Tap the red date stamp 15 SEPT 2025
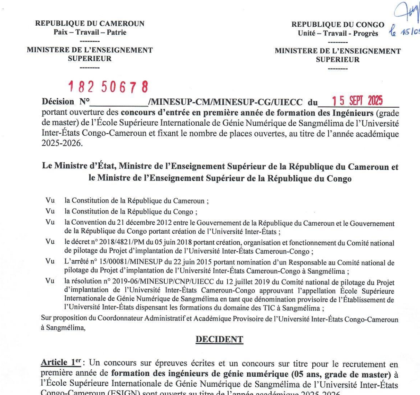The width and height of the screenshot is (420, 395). point(357,101)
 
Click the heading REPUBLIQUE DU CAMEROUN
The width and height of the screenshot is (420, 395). point(90,24)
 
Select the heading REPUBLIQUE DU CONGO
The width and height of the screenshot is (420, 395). point(338,25)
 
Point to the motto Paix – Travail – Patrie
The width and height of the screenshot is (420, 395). point(90,33)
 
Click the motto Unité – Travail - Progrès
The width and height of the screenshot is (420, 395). point(338,34)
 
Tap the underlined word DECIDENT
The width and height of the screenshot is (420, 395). point(220,339)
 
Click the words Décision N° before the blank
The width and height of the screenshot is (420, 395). point(66,102)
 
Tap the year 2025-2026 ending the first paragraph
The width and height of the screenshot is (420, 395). point(61,143)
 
